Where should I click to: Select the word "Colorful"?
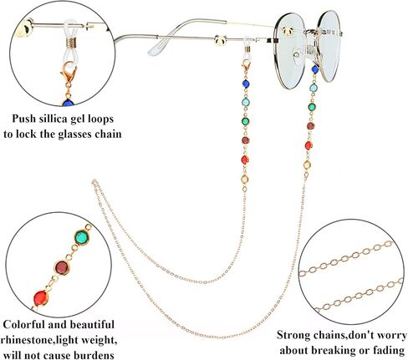(23, 325)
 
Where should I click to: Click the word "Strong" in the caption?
(294, 335)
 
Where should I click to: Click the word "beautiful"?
(92, 325)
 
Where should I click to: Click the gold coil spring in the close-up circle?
(71, 43)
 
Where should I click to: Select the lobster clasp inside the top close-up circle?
(68, 73)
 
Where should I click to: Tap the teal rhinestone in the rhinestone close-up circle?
(82, 237)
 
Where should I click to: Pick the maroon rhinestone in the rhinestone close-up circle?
(62, 267)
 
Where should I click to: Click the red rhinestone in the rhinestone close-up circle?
(41, 298)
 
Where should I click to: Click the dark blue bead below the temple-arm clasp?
(246, 84)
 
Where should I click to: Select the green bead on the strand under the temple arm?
(245, 121)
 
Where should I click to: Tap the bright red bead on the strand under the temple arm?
(245, 160)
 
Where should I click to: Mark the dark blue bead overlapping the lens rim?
(315, 69)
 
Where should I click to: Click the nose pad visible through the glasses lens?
(298, 54)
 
